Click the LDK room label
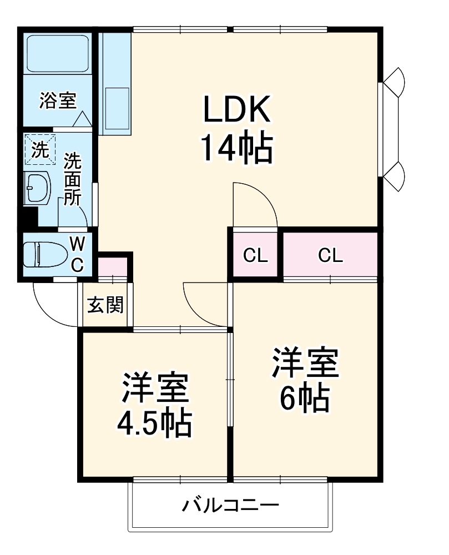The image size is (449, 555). click(237, 110)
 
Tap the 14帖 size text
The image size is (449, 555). click(237, 149)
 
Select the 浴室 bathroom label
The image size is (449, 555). click(58, 100)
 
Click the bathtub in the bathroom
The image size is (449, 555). click(58, 54)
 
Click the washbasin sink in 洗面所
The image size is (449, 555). click(37, 188)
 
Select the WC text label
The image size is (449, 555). click(77, 254)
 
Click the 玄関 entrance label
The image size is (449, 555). click(105, 305)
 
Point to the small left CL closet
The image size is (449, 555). click(256, 255)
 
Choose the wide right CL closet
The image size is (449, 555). click(331, 255)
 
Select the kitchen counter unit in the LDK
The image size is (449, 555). click(115, 83)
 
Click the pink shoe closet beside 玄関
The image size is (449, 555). click(113, 268)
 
